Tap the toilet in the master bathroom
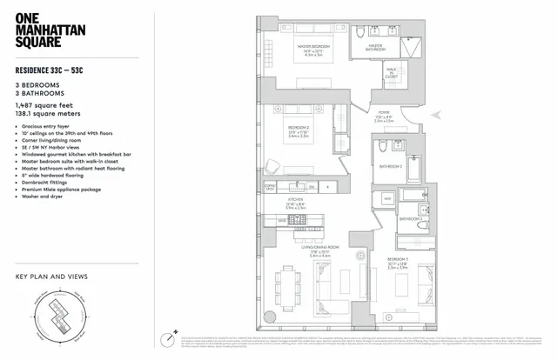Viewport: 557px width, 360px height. click(x=359, y=33)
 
